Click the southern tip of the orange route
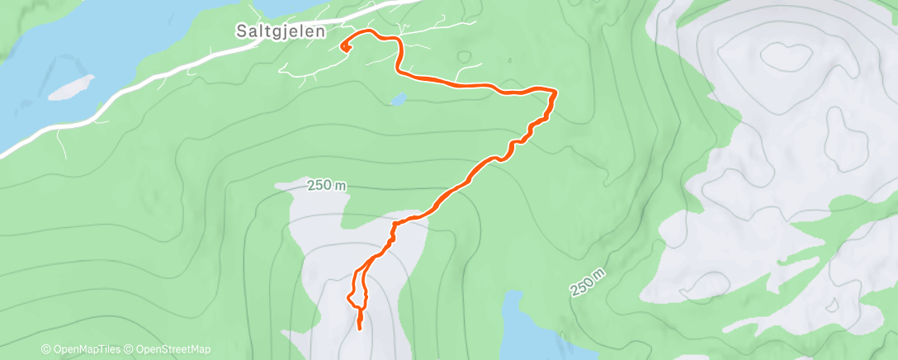pos(360,329)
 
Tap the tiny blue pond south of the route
pos(397,100)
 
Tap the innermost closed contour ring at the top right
pos(786,56)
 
